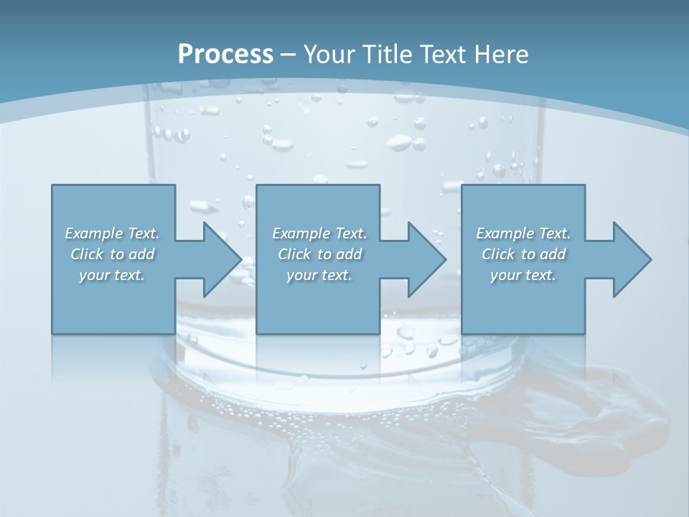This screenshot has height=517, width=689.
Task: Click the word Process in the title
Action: tap(225, 54)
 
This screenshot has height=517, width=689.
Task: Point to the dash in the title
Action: tap(289, 55)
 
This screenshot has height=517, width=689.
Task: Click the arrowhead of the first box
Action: tap(222, 259)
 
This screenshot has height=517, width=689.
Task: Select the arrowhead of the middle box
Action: tap(426, 259)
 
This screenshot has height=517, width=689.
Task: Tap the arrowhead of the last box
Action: tap(632, 259)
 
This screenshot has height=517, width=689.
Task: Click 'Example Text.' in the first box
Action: tap(113, 233)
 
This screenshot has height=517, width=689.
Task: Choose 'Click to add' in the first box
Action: tap(113, 254)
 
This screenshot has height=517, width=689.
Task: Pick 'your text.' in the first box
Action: tap(113, 275)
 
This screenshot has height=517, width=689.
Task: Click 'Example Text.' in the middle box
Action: tap(319, 233)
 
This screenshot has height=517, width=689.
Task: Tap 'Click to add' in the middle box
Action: tap(319, 254)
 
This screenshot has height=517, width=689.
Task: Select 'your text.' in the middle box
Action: tap(319, 275)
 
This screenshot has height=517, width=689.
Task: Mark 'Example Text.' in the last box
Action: tap(523, 233)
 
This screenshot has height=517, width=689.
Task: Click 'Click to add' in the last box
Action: tap(523, 254)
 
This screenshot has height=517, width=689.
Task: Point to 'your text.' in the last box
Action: tap(523, 275)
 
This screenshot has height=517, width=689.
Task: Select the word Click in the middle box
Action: tap(294, 254)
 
